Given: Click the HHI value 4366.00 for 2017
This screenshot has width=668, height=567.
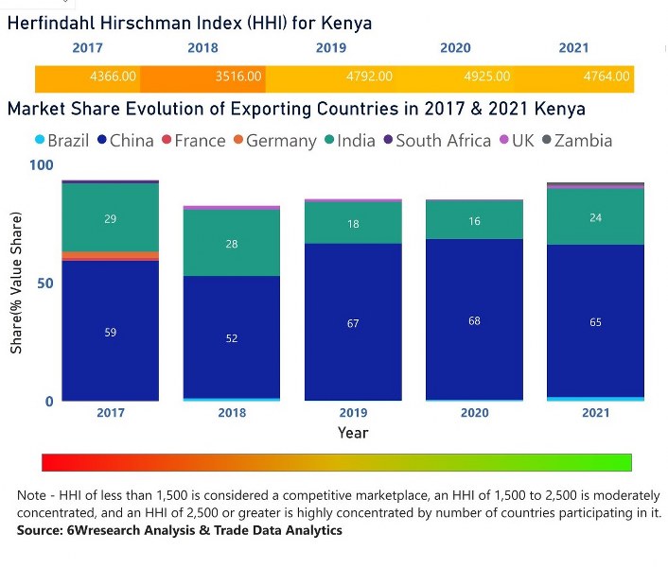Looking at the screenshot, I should [x=113, y=77].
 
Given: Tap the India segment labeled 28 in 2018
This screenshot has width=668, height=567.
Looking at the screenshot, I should [x=232, y=243].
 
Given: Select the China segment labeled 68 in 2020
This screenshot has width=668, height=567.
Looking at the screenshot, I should [x=474, y=320].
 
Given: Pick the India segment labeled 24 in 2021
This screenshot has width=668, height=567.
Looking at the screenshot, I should [x=595, y=217].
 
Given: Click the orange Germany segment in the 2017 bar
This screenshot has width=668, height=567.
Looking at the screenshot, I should [x=110, y=255].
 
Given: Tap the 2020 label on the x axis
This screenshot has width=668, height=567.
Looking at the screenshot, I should [x=474, y=413].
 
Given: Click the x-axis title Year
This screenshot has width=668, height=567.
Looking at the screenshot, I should [x=353, y=433].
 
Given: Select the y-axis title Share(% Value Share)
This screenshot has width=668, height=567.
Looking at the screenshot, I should [x=17, y=284].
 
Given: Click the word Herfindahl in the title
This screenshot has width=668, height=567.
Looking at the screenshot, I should [x=55, y=24].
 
